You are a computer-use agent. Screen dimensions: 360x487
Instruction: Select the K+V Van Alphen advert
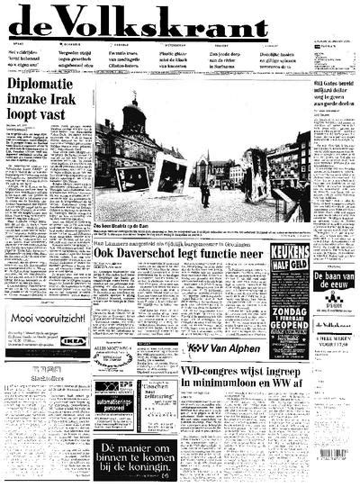[x=224, y=347]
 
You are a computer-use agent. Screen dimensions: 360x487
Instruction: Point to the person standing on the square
[x=205, y=193]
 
